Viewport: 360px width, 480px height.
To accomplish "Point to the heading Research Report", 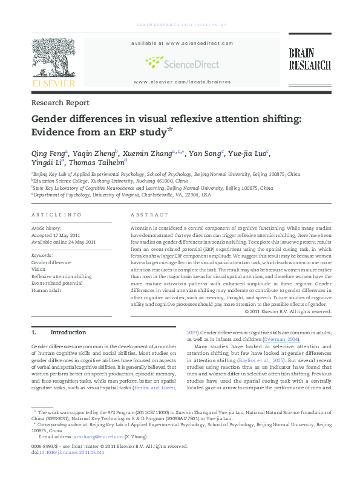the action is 60,103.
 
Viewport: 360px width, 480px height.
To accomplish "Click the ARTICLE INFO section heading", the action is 56,215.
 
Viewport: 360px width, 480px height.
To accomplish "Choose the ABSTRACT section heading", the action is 149,215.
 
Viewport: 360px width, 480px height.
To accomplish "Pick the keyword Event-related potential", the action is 57,283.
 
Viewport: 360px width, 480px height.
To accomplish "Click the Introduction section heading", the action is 68,332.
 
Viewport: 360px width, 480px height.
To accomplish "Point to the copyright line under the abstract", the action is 288,311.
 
